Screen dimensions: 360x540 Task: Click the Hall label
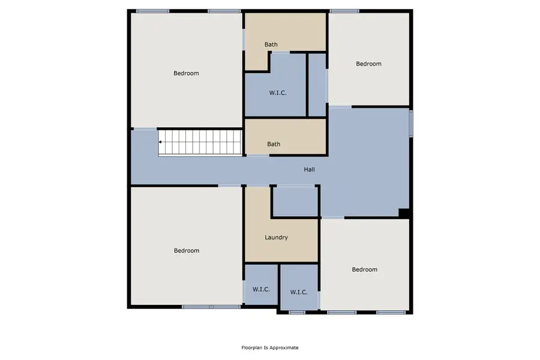pyautogui.click(x=309, y=170)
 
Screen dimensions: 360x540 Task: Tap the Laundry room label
pyautogui.click(x=276, y=238)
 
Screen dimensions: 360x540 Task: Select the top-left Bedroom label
pyautogui.click(x=186, y=73)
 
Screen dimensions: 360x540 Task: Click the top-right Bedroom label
pyautogui.click(x=368, y=64)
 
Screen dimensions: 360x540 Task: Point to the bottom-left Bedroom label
pyautogui.click(x=186, y=251)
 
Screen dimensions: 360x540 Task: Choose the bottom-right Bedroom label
pyautogui.click(x=364, y=269)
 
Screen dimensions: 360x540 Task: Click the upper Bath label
pyautogui.click(x=271, y=44)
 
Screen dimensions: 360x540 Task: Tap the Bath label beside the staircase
pyautogui.click(x=274, y=144)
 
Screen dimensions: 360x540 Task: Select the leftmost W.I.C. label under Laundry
pyautogui.click(x=261, y=289)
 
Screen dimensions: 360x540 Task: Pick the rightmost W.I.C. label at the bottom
pyautogui.click(x=299, y=292)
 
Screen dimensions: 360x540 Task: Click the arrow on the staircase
pyautogui.click(x=161, y=142)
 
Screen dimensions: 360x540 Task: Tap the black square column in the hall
pyautogui.click(x=404, y=212)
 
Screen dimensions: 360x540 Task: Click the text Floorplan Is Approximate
pyautogui.click(x=269, y=347)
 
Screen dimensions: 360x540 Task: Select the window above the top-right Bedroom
pyautogui.click(x=344, y=11)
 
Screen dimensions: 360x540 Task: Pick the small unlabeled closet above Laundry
pyautogui.click(x=295, y=202)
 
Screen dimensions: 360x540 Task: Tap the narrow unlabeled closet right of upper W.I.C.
pyautogui.click(x=316, y=85)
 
